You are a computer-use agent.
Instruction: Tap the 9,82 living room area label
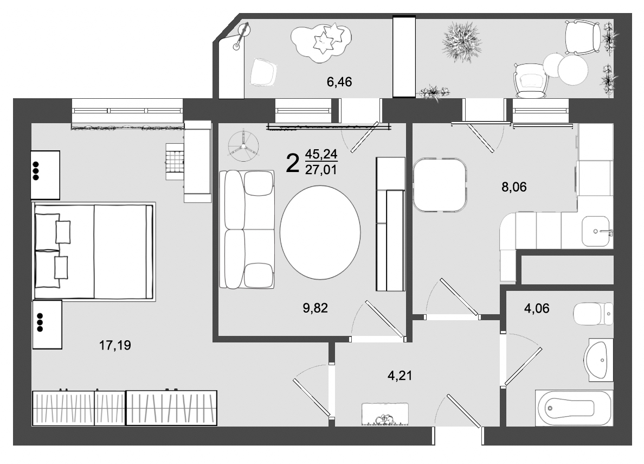coord(315,308)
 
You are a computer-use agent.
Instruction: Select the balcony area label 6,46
coord(339,82)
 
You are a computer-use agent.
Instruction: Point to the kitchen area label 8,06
coord(514,187)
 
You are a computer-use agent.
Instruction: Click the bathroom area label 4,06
coord(537,309)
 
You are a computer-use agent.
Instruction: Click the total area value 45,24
coord(321,154)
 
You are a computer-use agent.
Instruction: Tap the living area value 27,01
coord(321,170)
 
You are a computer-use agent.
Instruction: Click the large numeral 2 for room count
coord(292,162)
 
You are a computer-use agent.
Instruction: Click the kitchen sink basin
coord(596,232)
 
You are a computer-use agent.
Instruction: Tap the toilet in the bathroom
coord(593,314)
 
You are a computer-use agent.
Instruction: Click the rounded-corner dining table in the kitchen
coord(440,185)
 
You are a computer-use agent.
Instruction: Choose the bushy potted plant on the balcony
coord(461,43)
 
